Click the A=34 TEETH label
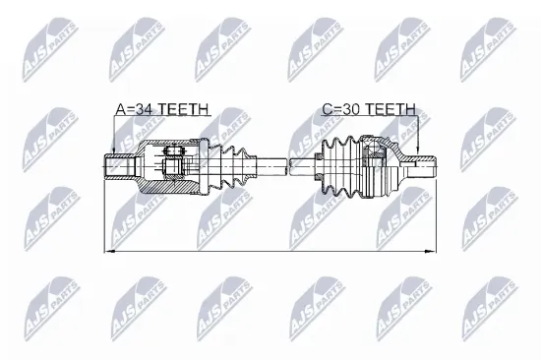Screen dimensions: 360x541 tap(162, 110)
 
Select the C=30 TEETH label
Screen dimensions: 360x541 tap(368, 110)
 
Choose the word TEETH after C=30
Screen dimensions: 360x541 tap(392, 110)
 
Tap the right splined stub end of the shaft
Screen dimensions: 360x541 tap(423, 164)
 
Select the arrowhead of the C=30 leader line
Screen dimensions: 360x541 tap(418, 150)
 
